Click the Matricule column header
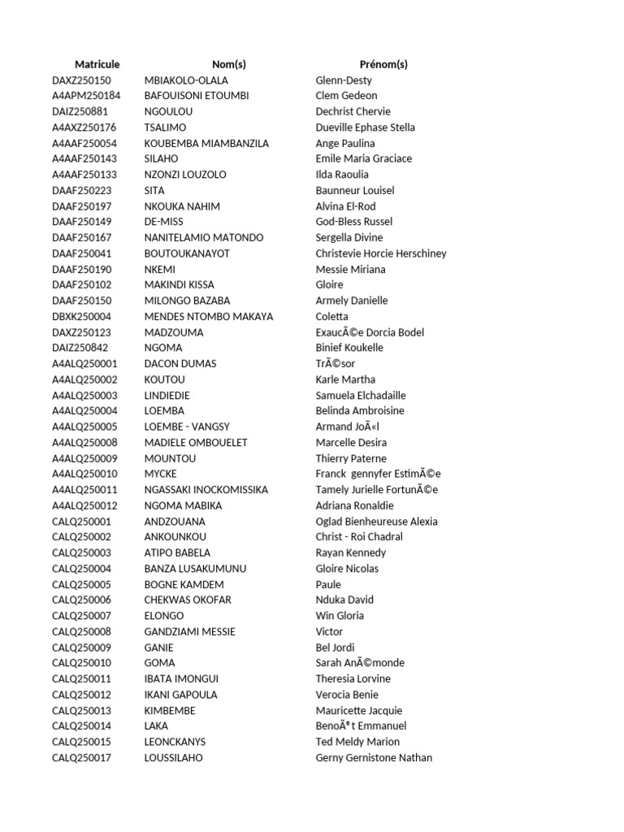pyautogui.click(x=97, y=64)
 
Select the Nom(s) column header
pyautogui.click(x=228, y=64)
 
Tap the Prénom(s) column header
pyautogui.click(x=383, y=64)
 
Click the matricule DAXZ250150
pyautogui.click(x=81, y=80)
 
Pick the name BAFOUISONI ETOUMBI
pyautogui.click(x=197, y=96)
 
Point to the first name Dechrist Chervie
pyautogui.click(x=353, y=111)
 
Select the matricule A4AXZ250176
pyautogui.click(x=84, y=128)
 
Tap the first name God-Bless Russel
pyautogui.click(x=353, y=222)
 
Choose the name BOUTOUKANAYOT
pyautogui.click(x=187, y=253)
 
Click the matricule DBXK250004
pyautogui.click(x=81, y=316)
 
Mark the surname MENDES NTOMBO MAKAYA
pyautogui.click(x=209, y=316)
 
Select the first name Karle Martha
pyautogui.click(x=345, y=379)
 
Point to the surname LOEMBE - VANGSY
pyautogui.click(x=187, y=427)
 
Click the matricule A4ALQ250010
pyautogui.click(x=84, y=474)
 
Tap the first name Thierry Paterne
pyautogui.click(x=351, y=458)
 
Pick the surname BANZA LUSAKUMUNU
pyautogui.click(x=195, y=569)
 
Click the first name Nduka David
pyautogui.click(x=345, y=600)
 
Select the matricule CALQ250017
pyautogui.click(x=81, y=758)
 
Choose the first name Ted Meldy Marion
pyautogui.click(x=357, y=742)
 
